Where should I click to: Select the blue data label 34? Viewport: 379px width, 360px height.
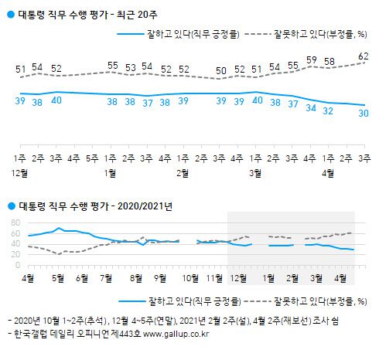point(311,109)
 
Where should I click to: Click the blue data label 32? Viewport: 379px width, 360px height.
point(329,111)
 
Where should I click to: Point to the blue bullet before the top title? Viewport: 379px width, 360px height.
point(9,11)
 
